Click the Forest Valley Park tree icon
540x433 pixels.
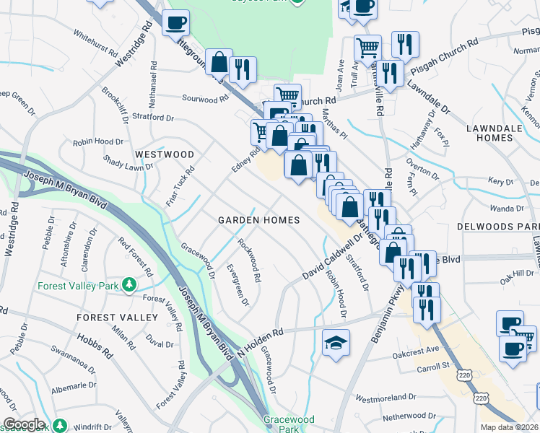pyautogui.click(x=129, y=285)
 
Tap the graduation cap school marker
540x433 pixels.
pyautogui.click(x=336, y=342)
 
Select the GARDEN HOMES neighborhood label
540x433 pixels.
pyautogui.click(x=259, y=220)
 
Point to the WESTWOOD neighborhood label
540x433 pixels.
pyautogui.click(x=163, y=154)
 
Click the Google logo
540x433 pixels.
pyautogui.click(x=23, y=424)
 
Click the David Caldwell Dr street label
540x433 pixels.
pyautogui.click(x=331, y=257)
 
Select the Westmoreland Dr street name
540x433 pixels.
pyautogui.click(x=386, y=397)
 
